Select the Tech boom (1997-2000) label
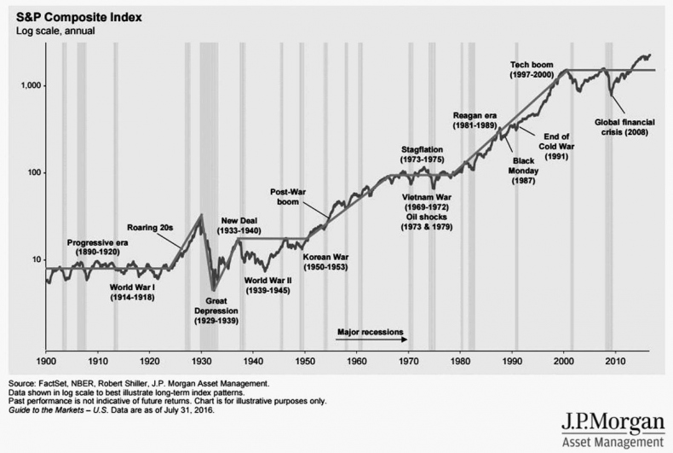[x=532, y=70]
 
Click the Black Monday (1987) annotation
[x=522, y=170]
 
